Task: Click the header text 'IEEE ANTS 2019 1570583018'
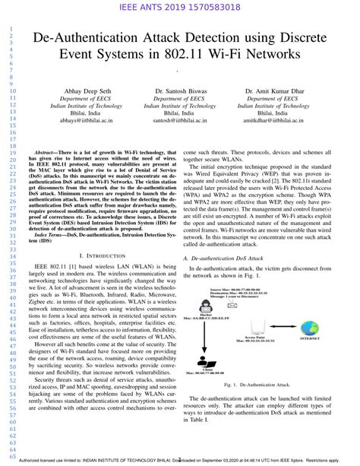[179, 8]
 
